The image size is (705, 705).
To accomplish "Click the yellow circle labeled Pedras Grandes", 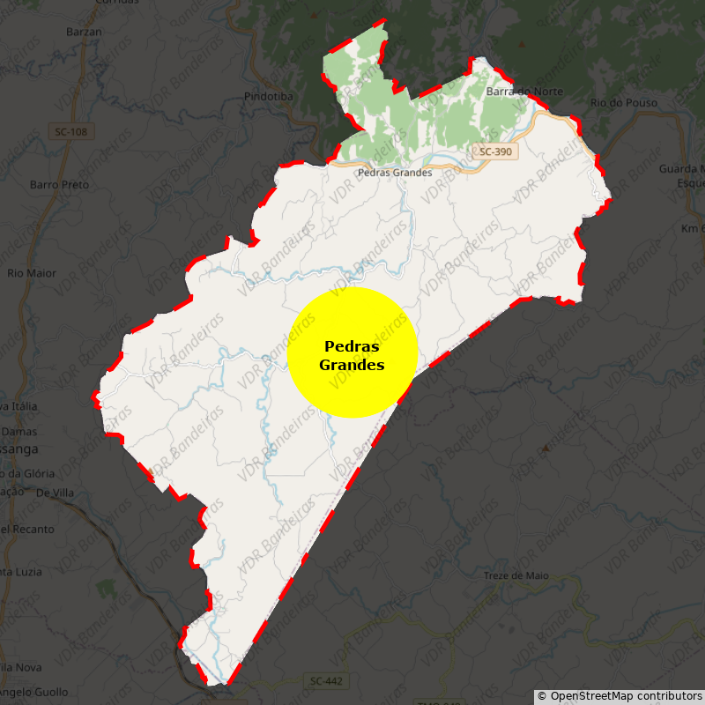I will click(x=352, y=352).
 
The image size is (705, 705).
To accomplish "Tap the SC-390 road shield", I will click(x=494, y=152).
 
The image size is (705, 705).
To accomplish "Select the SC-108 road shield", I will click(x=70, y=131).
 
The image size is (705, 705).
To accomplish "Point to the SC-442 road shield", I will click(x=326, y=681).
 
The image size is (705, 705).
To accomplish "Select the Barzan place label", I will click(x=85, y=32).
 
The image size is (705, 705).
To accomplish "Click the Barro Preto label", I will click(x=60, y=185).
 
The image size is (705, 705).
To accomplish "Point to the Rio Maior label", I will click(x=32, y=273).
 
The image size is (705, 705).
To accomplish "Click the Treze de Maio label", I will click(x=516, y=575).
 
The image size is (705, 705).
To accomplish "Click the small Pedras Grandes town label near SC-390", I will click(x=394, y=173).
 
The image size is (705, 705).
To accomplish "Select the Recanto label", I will click(x=28, y=530).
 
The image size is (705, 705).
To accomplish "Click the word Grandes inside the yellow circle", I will click(x=352, y=364).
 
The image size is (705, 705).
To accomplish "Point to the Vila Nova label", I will click(x=22, y=667).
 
